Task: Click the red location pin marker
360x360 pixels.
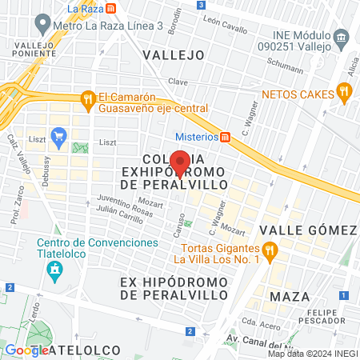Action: point(181,164)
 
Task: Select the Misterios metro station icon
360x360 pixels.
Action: point(226,136)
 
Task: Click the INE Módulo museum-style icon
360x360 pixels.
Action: point(342,37)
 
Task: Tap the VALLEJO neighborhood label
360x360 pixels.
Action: point(174,54)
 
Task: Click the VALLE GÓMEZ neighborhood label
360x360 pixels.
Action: point(308,230)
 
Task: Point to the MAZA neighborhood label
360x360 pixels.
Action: point(290,297)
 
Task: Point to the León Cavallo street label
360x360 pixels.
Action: point(225,24)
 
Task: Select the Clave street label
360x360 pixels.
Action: point(178,82)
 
